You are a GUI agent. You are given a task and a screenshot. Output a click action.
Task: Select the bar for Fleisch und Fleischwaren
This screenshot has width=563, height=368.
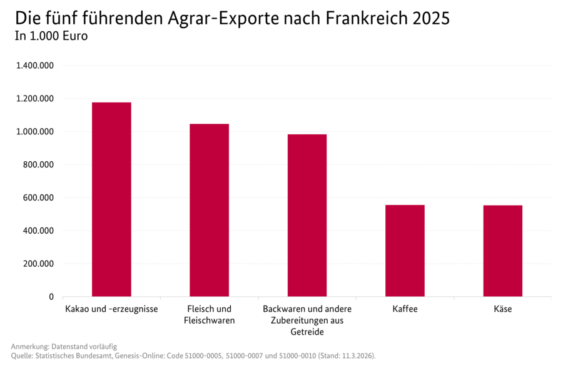point(209,210)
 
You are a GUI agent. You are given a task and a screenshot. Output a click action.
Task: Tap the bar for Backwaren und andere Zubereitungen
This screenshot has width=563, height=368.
point(307,215)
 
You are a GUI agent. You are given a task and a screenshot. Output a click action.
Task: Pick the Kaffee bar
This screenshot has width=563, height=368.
point(405,251)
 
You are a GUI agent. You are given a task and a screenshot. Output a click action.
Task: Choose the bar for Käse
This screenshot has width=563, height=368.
point(502,251)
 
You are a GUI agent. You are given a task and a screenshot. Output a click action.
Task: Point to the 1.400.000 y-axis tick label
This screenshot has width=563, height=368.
point(34,66)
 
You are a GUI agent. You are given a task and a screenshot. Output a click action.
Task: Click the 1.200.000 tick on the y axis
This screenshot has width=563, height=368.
point(34,99)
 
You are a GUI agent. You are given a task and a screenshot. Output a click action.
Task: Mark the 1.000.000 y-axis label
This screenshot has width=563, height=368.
point(34,132)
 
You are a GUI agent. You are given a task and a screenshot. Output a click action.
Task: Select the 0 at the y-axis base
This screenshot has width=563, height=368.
point(51,297)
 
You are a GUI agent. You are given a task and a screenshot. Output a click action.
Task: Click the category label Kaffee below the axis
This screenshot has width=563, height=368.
point(405,309)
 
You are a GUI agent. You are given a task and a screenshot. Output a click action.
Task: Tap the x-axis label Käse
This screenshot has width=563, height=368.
point(502,309)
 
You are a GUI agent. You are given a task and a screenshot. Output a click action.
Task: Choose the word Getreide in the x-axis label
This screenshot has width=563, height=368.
point(307,332)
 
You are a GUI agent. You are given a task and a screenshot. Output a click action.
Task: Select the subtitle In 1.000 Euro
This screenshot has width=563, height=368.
point(51,36)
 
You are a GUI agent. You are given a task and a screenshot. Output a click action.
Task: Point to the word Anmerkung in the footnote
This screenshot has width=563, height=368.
point(29,346)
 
